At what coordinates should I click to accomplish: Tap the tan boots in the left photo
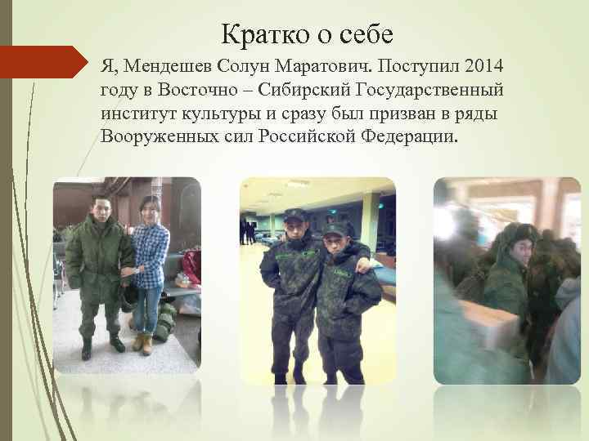tap(142, 343)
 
